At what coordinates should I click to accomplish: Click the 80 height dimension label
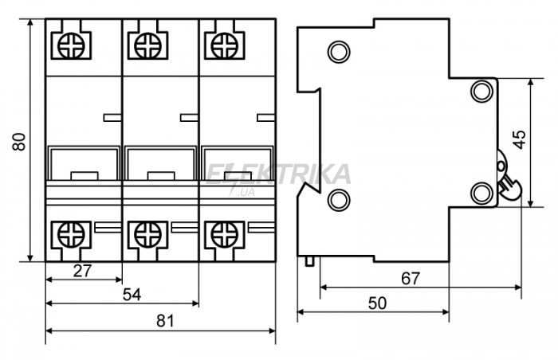pyautogui.click(x=19, y=142)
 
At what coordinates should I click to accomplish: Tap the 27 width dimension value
pyautogui.click(x=83, y=271)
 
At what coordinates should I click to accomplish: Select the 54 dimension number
pyautogui.click(x=132, y=295)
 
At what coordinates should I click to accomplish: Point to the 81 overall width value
pyautogui.click(x=166, y=321)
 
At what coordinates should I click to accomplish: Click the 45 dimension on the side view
pyautogui.click(x=520, y=139)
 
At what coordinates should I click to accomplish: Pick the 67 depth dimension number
pyautogui.click(x=411, y=279)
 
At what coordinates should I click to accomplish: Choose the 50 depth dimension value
pyautogui.click(x=377, y=303)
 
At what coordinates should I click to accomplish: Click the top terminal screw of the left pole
pyautogui.click(x=72, y=45)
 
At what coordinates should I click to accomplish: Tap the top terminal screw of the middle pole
pyautogui.click(x=148, y=45)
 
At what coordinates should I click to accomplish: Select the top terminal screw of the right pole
pyautogui.click(x=224, y=45)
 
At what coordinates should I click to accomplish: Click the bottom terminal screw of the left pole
pyautogui.click(x=72, y=235)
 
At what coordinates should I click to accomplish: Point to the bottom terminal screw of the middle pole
pyautogui.click(x=148, y=235)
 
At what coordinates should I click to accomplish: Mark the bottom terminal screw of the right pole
pyautogui.click(x=224, y=235)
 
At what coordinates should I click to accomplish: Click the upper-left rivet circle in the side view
pyautogui.click(x=339, y=52)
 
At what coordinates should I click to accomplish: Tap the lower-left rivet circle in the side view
pyautogui.click(x=339, y=200)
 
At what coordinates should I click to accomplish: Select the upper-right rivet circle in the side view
pyautogui.click(x=482, y=92)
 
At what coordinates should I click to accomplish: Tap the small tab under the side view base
pyautogui.click(x=309, y=261)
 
